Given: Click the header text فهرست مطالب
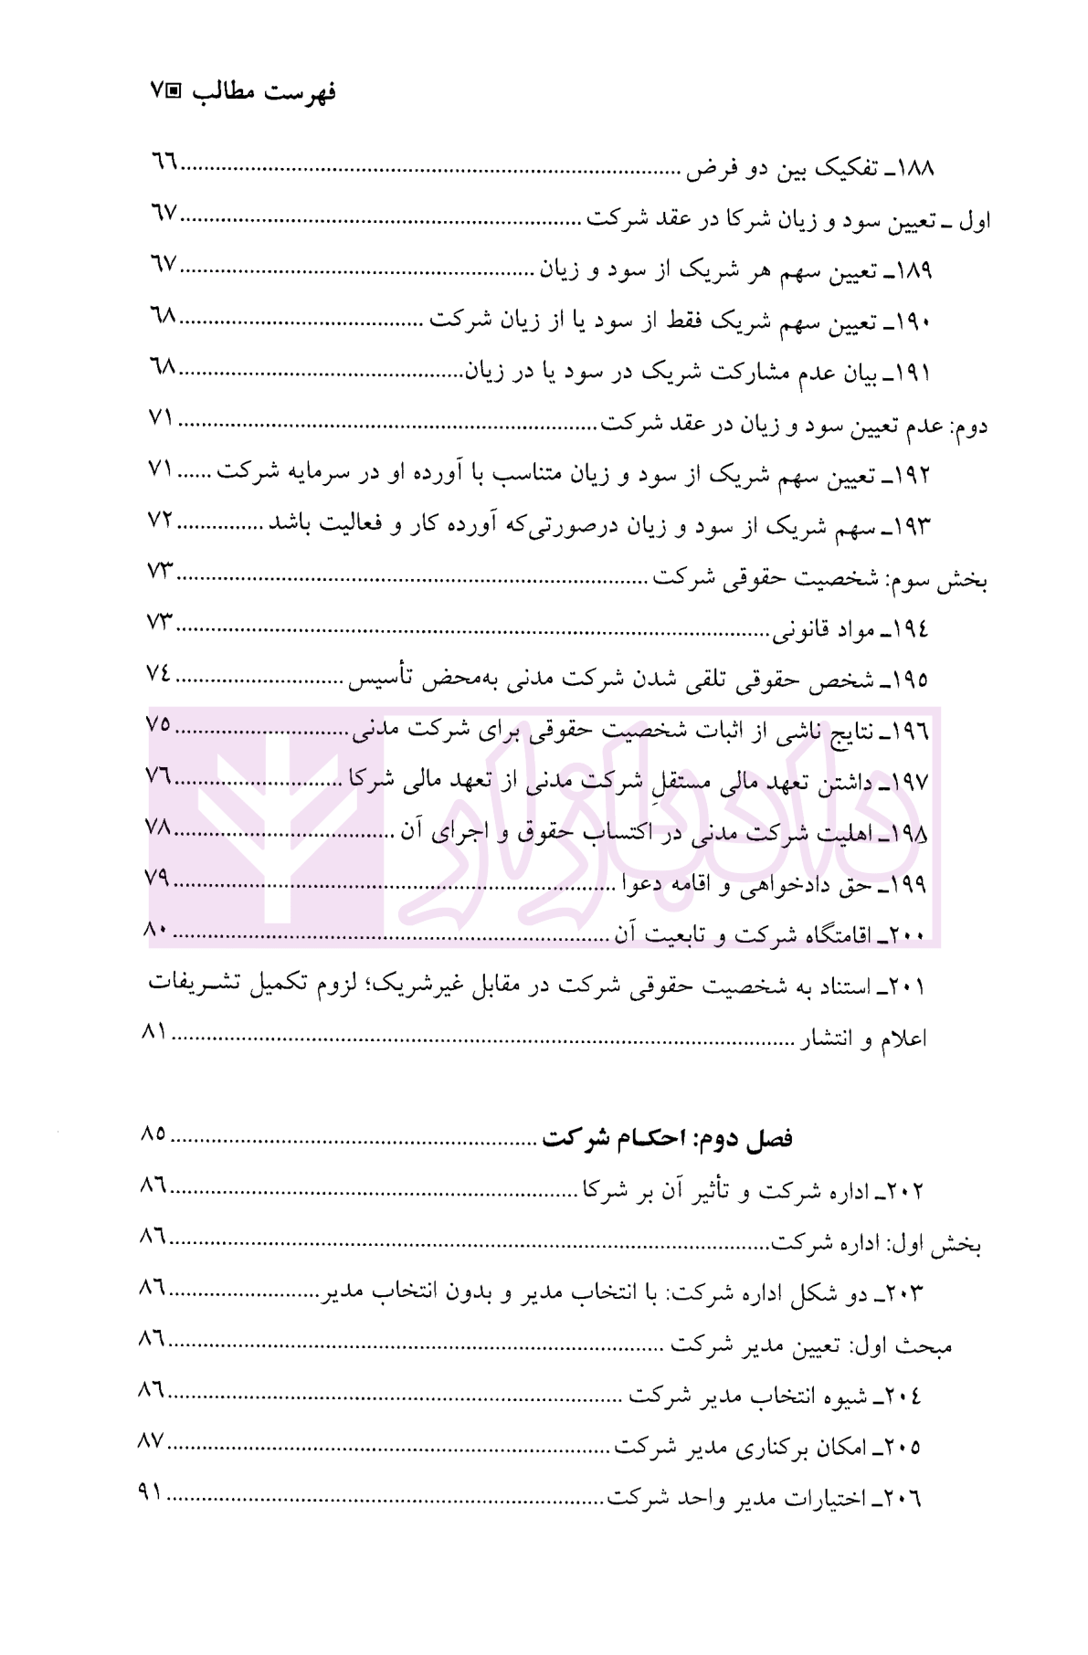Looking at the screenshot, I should (264, 92).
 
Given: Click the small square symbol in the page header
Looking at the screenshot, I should (174, 91).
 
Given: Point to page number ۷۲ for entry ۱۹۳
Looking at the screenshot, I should (162, 521).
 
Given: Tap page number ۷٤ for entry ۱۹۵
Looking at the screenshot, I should (159, 674).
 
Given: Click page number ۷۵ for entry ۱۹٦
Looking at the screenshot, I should (159, 725).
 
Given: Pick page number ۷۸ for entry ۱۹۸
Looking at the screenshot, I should (159, 827).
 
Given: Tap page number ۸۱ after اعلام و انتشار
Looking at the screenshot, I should (154, 1032).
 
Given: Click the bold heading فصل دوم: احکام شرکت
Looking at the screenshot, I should (667, 1139).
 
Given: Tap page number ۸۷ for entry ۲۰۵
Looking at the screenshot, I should (151, 1441).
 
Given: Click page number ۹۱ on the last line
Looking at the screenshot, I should (150, 1492).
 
